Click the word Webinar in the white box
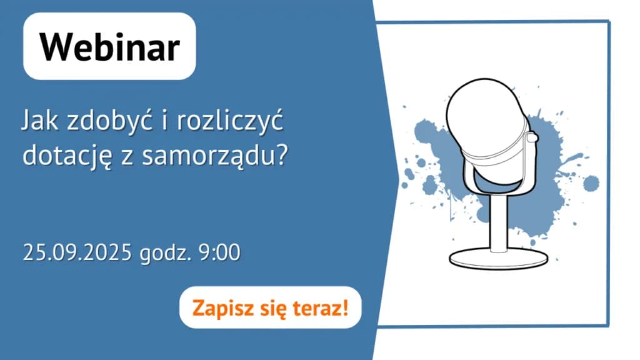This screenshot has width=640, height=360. [109, 47]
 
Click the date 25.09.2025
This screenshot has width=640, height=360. [77, 254]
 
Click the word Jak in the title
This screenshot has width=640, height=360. [39, 121]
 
